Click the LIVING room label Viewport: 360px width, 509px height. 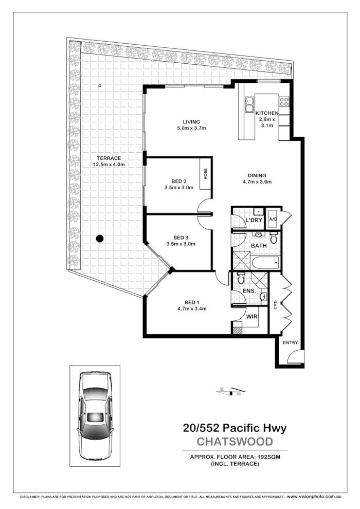[x=176, y=122]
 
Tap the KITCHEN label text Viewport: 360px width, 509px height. [x=267, y=113]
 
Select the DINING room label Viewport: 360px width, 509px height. [x=257, y=174]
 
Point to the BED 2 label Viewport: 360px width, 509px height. [x=178, y=180]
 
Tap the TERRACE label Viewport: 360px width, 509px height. [x=109, y=158]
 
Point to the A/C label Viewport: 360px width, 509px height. [x=273, y=219]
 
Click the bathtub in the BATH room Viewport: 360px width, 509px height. [x=265, y=263]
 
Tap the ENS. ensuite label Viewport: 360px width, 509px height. [x=249, y=292]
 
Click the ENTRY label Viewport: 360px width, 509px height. [x=290, y=342]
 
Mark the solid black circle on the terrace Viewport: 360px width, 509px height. [x=100, y=238]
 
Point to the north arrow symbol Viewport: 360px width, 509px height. [x=229, y=392]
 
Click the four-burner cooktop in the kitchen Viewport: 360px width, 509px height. [x=284, y=101]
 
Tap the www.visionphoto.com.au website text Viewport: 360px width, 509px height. [x=314, y=497]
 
